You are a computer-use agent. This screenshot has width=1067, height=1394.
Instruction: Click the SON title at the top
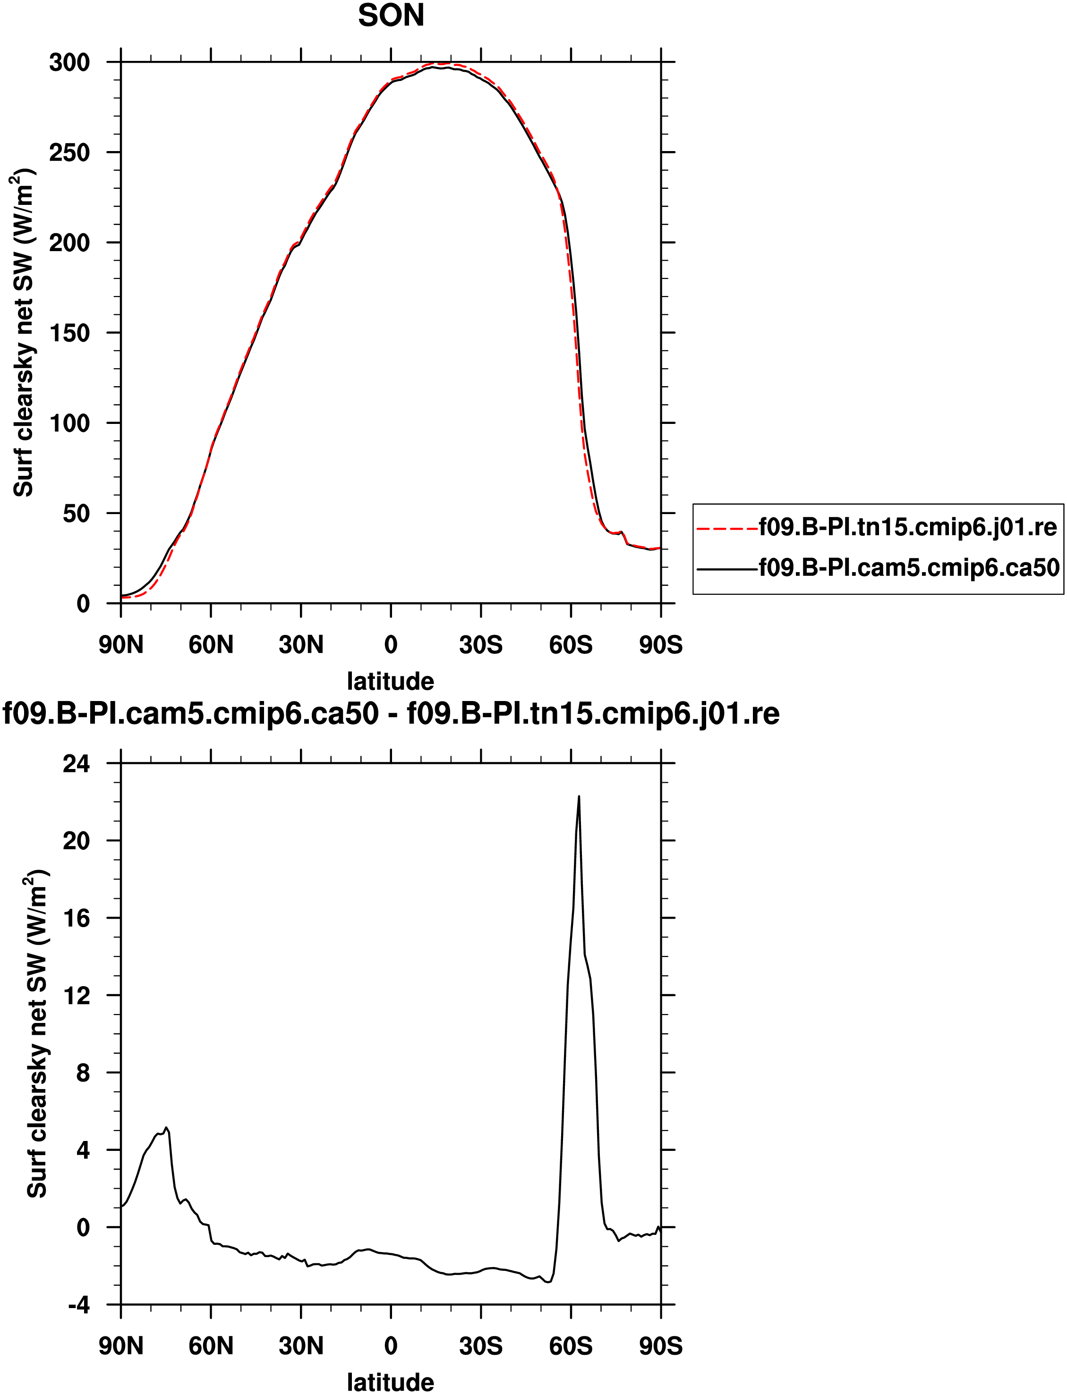click(391, 16)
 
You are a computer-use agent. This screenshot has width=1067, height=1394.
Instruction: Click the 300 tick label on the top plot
click(69, 63)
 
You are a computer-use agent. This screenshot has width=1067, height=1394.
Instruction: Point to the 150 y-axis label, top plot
click(69, 333)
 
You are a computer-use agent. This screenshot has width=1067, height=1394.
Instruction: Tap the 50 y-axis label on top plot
click(76, 514)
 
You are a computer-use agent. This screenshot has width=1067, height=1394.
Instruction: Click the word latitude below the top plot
click(391, 681)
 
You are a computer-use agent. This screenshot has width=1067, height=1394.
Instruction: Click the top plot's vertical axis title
click(24, 333)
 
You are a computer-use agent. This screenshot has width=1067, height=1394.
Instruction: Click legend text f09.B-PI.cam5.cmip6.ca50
click(909, 567)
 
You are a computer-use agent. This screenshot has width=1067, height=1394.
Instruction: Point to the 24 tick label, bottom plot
click(76, 764)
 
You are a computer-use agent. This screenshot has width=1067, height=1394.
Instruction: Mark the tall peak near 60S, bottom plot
click(579, 797)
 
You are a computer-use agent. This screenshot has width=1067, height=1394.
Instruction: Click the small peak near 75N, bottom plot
click(166, 1128)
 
